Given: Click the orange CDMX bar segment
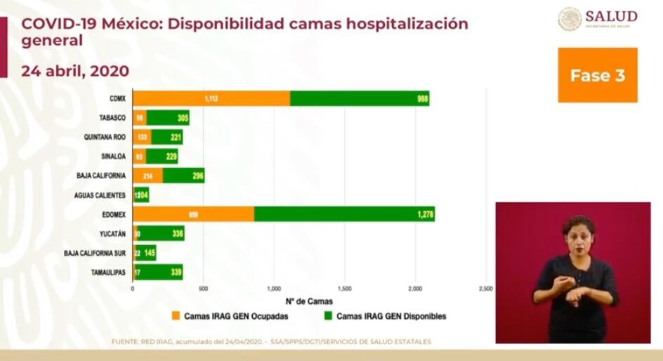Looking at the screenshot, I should pos(211,98).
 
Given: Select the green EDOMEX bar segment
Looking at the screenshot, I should pos(344,214).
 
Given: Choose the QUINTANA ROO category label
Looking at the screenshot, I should pos(105,138).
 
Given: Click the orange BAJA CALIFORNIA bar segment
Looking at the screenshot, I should pos(147,176).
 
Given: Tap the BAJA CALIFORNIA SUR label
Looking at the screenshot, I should pos(95,253).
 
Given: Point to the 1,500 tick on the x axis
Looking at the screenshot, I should pos(344,289).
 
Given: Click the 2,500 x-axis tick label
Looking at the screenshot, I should pos(485,289).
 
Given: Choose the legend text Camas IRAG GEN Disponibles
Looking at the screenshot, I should pos(391,316).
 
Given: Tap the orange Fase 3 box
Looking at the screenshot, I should pos(597,75).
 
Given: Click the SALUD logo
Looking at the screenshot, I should pos(598,19).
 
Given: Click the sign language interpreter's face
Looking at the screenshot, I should pos(577,236).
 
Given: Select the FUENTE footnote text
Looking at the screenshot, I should pos(271,342).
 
